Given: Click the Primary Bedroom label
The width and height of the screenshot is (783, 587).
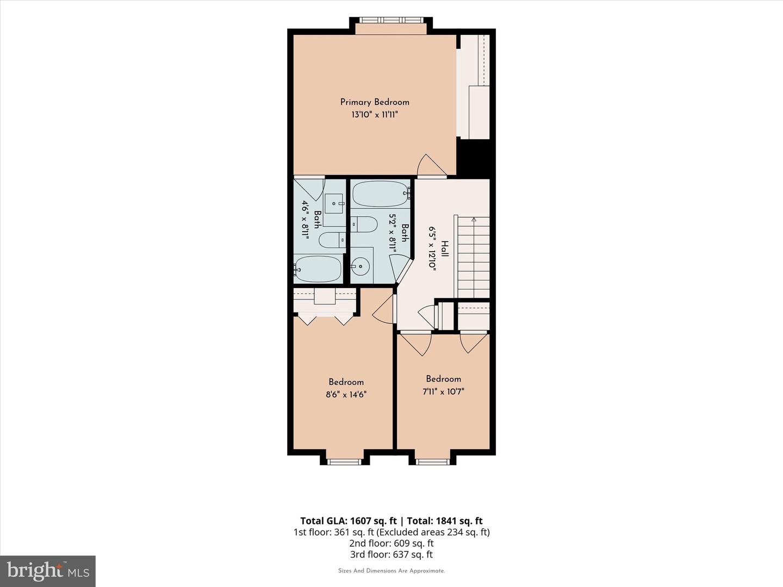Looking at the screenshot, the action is [x=375, y=102].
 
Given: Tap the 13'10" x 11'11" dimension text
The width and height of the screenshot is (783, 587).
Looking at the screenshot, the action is [x=375, y=115].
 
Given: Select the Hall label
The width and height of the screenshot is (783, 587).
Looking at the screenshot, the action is [x=445, y=249].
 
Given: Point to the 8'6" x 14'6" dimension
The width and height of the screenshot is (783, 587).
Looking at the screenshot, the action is [x=346, y=395].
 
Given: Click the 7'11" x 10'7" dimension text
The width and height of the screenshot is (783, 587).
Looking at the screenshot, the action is [x=443, y=392].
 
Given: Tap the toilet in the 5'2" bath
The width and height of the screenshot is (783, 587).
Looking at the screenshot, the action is [x=364, y=224].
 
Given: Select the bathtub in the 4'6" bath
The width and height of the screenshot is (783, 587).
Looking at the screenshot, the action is [x=318, y=268].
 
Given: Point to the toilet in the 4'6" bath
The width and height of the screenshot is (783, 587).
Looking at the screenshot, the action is [x=332, y=240].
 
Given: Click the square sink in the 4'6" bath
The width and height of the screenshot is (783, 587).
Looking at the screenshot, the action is [x=334, y=203].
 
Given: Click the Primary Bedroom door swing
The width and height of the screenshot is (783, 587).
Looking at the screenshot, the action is [x=432, y=165].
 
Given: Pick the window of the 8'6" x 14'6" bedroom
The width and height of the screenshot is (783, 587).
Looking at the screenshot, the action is [x=344, y=462].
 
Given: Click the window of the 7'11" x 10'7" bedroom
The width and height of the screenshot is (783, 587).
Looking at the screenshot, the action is [x=432, y=462].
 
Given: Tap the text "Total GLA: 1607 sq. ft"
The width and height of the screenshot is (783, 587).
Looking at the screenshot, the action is [x=349, y=521].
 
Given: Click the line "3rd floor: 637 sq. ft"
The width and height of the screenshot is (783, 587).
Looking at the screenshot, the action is [x=391, y=554].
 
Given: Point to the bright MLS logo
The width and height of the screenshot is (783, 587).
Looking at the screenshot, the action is [x=48, y=571].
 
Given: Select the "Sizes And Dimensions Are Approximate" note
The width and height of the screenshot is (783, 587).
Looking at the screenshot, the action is [x=391, y=571].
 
